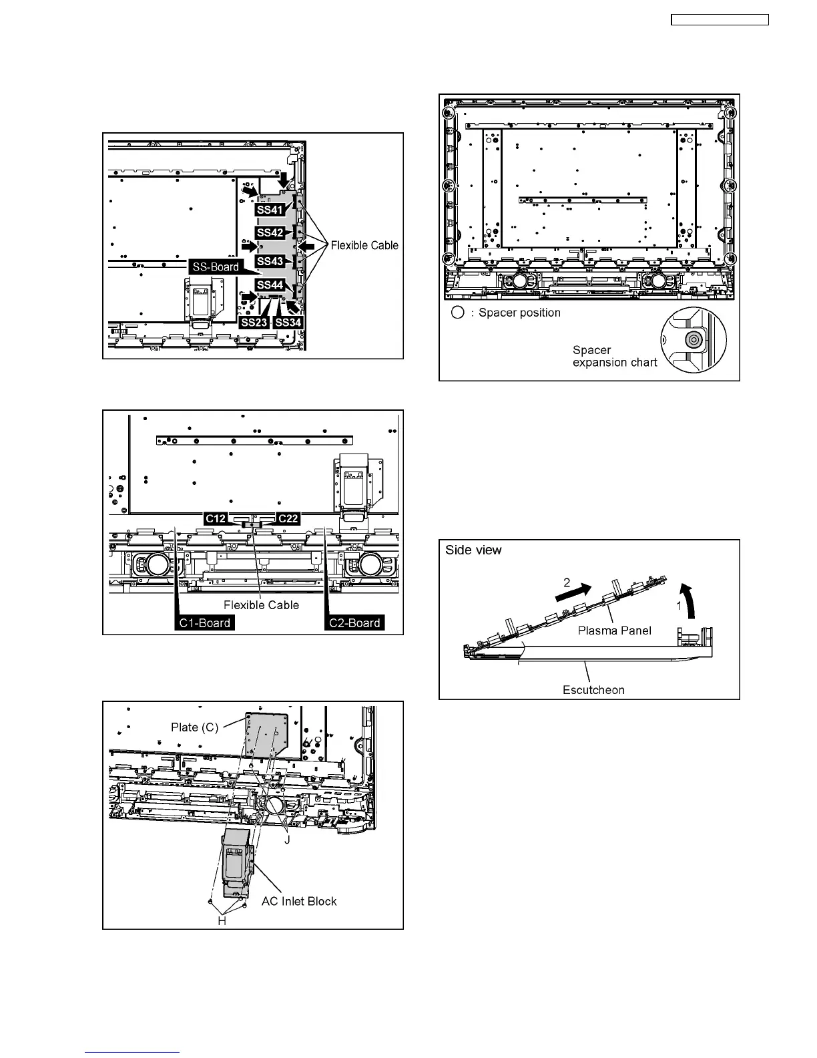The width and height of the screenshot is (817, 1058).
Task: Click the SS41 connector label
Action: click(x=270, y=209)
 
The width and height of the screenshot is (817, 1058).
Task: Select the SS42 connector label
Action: click(x=270, y=232)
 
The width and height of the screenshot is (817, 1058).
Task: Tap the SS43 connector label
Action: click(x=270, y=260)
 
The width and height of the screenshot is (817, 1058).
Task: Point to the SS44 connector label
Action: click(x=270, y=285)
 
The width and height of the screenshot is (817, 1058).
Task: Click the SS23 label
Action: click(x=254, y=323)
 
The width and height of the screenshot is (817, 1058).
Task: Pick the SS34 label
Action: click(x=288, y=323)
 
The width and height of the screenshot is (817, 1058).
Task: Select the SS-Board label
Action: click(x=216, y=267)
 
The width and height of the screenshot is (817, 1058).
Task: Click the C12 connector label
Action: click(x=216, y=518)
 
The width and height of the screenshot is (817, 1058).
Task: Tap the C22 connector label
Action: click(x=288, y=518)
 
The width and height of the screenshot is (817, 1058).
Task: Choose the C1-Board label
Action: click(x=205, y=623)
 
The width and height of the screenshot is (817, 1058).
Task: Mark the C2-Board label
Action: click(x=354, y=623)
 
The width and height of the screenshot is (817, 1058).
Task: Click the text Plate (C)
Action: click(x=194, y=727)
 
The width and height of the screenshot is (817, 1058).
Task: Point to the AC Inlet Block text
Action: click(x=299, y=901)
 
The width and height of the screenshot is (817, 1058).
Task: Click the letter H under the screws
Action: click(x=222, y=920)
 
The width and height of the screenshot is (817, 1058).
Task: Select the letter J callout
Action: click(x=287, y=840)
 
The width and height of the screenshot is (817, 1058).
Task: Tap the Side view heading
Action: click(x=474, y=550)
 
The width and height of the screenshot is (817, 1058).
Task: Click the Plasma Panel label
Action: click(x=614, y=631)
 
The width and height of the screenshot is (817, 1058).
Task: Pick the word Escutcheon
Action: click(x=593, y=690)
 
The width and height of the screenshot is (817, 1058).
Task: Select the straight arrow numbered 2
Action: click(x=573, y=590)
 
